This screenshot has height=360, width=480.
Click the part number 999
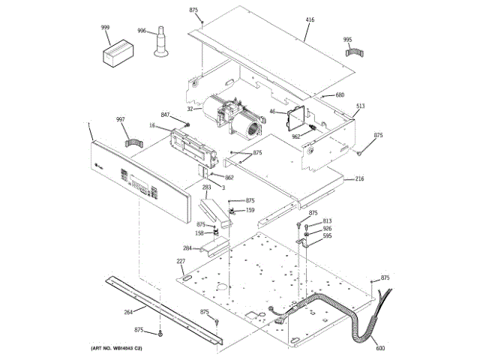coord(106,28)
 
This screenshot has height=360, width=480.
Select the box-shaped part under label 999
coord(117,54)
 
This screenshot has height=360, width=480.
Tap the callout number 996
coord(142,31)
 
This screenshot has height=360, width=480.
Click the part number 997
coord(121,120)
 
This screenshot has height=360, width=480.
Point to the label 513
coord(361,106)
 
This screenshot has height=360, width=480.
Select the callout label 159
coord(250,210)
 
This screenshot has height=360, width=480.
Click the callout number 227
coord(181,261)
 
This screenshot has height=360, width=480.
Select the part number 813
coord(327,221)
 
